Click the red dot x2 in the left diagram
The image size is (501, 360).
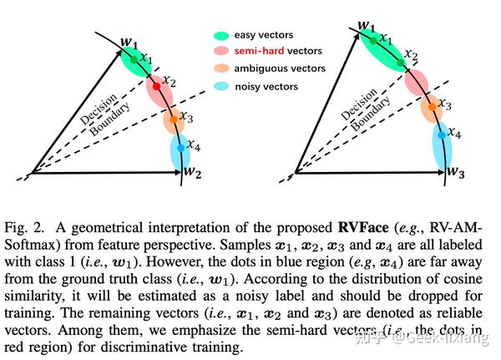pos(157,87)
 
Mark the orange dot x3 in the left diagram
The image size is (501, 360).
pos(174,120)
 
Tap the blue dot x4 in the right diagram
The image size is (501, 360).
pos(441,134)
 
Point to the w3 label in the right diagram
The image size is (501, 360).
pos(456,172)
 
